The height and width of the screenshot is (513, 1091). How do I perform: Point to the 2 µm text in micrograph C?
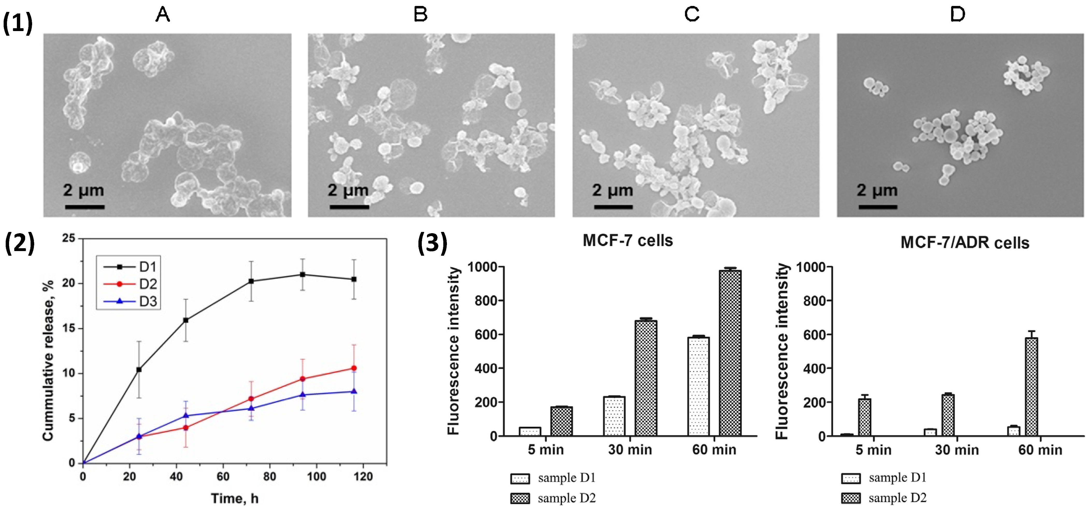pos(612,190)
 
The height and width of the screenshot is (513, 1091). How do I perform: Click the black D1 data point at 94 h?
pos(302,274)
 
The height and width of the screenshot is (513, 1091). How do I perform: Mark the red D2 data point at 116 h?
pos(354,368)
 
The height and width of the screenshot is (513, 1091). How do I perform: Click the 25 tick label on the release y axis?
pos(69,238)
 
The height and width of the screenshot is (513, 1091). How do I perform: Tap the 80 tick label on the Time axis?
pos(269,477)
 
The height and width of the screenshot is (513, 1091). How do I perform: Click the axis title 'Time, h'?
pos(235,499)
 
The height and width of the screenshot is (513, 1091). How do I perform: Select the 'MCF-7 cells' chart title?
pos(628,240)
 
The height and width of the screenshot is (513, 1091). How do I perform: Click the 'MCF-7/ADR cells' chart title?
pos(965,243)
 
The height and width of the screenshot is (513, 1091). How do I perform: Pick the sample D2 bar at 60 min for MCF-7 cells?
pos(730,353)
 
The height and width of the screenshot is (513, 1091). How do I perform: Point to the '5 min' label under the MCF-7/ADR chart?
pos(873,450)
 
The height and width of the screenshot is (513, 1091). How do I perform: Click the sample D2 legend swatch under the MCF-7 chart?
pos(520,499)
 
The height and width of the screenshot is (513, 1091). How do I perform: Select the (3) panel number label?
pos(432,243)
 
